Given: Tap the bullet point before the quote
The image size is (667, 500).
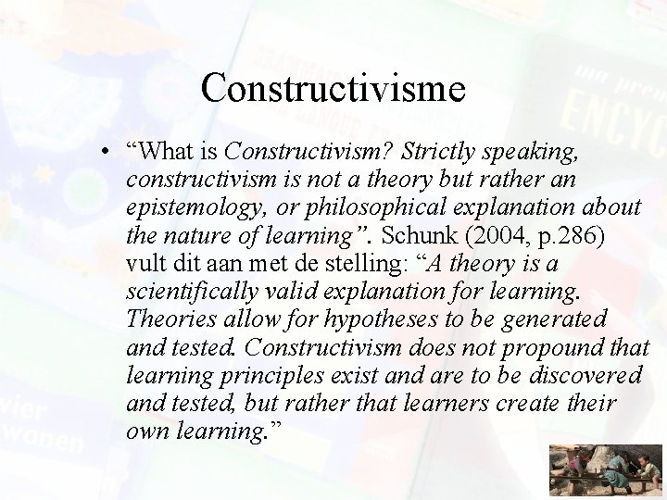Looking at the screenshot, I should pos(108,153).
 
